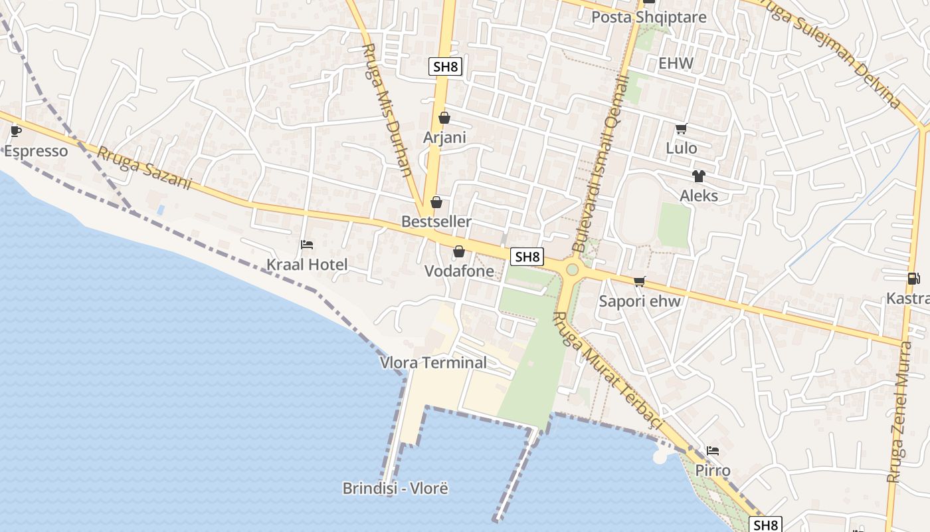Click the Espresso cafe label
(36, 151)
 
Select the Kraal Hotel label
(307, 265)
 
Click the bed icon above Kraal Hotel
(307, 245)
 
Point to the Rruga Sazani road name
(144, 168)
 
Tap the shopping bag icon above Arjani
(444, 118)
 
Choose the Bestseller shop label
(436, 221)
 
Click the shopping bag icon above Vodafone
(458, 251)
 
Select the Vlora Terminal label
(433, 362)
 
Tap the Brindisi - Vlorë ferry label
(395, 489)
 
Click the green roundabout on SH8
(572, 269)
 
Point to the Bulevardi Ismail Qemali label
(600, 164)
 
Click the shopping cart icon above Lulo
(681, 128)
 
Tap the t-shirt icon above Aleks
(698, 176)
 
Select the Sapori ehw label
(640, 301)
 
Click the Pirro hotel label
(713, 471)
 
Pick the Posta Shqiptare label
(648, 17)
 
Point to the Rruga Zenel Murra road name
(900, 412)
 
